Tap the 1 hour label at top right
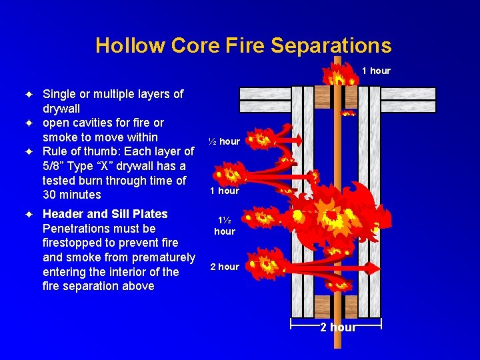376,71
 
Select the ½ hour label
224,141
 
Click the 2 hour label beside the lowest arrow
225,267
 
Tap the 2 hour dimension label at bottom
337,327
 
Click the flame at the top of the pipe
337,73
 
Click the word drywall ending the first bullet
61,109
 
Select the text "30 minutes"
72,195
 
